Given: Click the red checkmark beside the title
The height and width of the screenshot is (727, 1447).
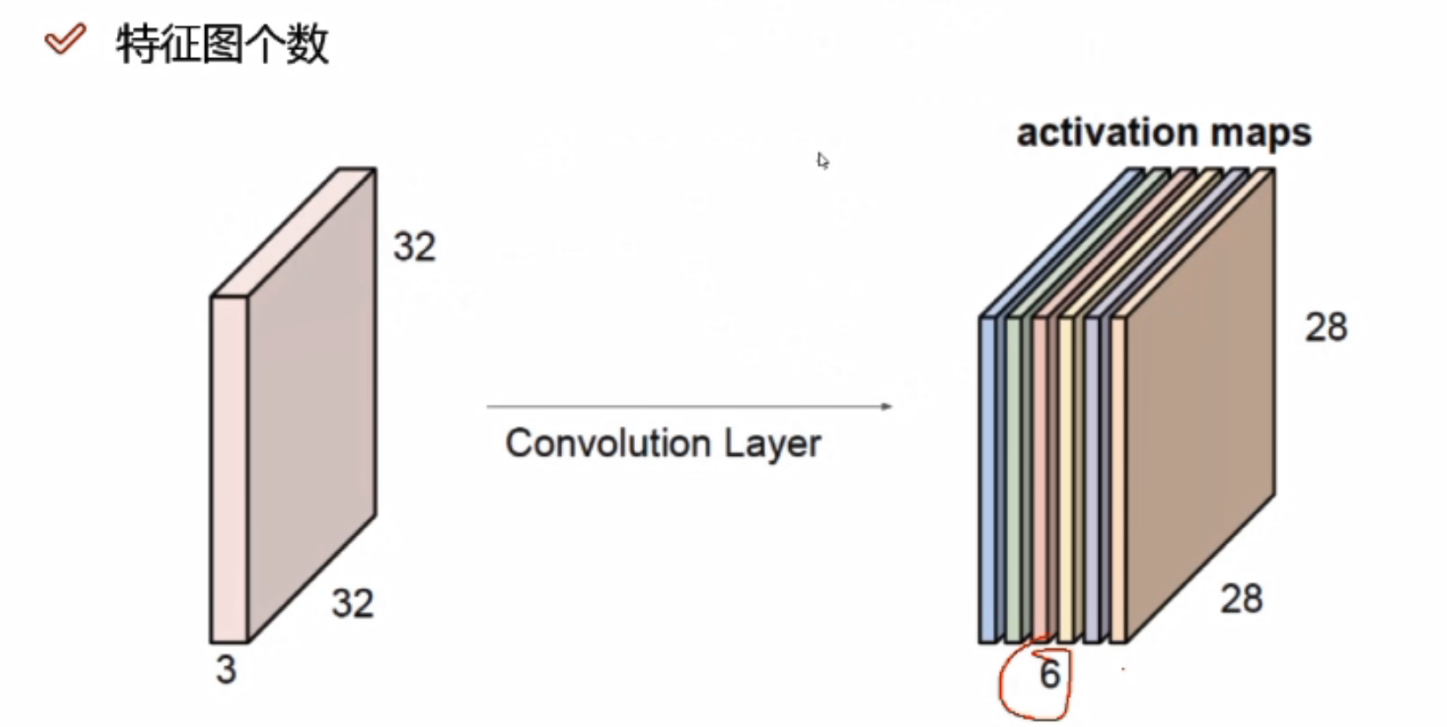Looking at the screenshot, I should pyautogui.click(x=65, y=40).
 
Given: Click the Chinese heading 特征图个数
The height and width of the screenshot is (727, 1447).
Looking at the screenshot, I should pyautogui.click(x=223, y=44).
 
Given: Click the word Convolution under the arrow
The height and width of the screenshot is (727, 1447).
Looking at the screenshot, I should pyautogui.click(x=609, y=443).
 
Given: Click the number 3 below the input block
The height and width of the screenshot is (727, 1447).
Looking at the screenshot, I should pyautogui.click(x=226, y=670).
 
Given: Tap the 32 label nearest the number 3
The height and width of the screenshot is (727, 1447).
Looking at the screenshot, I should pyautogui.click(x=353, y=604).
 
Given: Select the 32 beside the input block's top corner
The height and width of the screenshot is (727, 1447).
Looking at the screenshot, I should pyautogui.click(x=414, y=246).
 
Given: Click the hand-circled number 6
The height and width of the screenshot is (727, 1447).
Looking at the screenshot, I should pyautogui.click(x=1049, y=675).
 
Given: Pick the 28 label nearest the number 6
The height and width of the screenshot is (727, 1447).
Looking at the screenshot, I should pyautogui.click(x=1241, y=599).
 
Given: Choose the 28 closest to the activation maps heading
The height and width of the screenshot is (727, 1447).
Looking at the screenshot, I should pyautogui.click(x=1326, y=327).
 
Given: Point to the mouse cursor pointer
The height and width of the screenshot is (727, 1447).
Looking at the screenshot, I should pyautogui.click(x=822, y=160).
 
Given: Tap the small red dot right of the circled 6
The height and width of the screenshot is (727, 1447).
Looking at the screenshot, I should pyautogui.click(x=1123, y=669).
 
